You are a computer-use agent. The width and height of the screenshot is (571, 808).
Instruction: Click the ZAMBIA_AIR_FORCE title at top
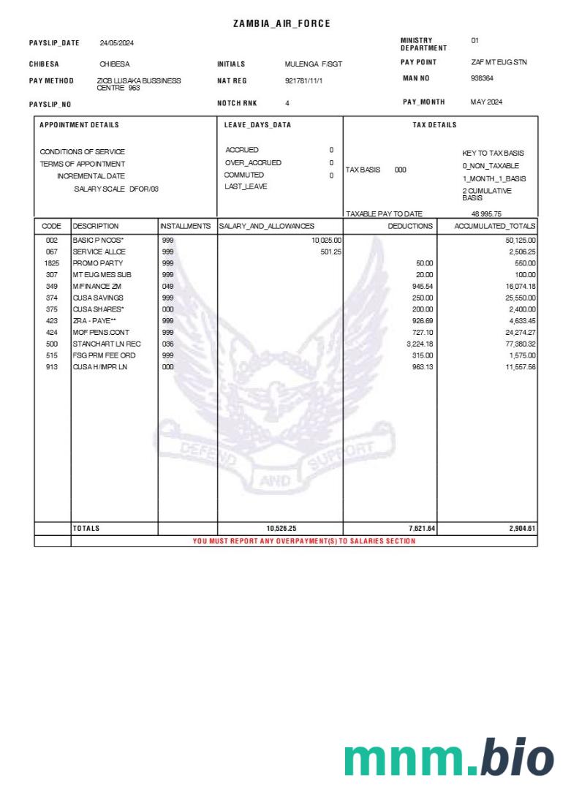click(x=281, y=24)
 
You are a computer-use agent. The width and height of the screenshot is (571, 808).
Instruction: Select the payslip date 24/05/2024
click(x=116, y=43)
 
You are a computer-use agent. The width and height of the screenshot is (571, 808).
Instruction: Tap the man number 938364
click(x=482, y=78)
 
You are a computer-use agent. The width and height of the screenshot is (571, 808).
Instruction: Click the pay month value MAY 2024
click(x=486, y=102)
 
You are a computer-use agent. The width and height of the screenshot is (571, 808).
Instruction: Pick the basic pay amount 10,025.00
click(x=327, y=240)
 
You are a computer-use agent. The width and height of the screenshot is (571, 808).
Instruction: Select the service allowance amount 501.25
click(x=331, y=252)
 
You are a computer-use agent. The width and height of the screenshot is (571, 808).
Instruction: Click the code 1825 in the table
click(x=52, y=263)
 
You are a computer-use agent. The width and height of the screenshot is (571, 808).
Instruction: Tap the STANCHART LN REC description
click(x=102, y=344)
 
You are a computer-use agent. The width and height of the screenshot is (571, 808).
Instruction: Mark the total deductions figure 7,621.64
click(x=420, y=528)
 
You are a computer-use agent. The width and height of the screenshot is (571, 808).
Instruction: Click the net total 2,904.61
click(x=522, y=528)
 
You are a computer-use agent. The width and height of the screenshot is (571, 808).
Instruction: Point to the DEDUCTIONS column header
click(x=410, y=227)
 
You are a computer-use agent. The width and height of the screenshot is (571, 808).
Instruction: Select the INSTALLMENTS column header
click(x=186, y=227)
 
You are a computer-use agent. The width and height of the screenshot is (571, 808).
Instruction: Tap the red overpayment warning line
click(x=303, y=541)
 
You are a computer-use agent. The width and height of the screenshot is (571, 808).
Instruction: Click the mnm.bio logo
click(x=449, y=758)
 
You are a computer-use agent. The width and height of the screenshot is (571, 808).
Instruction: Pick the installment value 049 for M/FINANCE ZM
click(x=167, y=286)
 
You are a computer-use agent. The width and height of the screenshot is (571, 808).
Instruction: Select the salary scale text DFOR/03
click(x=144, y=189)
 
